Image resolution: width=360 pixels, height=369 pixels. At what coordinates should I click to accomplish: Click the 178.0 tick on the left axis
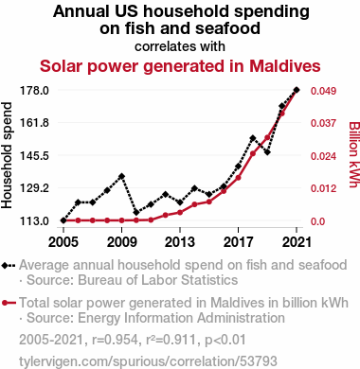(34, 91)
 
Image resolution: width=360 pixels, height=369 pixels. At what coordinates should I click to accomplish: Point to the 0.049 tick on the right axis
(323, 91)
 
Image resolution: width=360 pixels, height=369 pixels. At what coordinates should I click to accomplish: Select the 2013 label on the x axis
(180, 242)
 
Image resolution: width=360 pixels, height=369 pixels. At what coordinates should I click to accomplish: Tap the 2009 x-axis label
(122, 242)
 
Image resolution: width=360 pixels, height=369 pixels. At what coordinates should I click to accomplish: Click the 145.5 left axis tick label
(34, 156)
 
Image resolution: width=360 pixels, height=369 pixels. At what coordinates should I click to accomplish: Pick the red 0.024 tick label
(323, 156)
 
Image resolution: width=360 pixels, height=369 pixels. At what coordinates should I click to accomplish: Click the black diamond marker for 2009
(122, 176)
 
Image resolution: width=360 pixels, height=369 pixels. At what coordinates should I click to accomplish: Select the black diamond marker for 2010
(136, 213)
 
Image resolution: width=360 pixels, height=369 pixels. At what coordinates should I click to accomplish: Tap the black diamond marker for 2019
(267, 152)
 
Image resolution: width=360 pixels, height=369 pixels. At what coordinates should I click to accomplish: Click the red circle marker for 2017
(239, 178)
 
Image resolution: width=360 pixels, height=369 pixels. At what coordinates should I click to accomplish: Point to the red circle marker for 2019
(267, 137)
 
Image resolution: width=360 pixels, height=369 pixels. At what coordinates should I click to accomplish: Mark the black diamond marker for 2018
(253, 138)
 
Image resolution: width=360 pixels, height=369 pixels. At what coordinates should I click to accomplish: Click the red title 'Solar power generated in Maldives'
(180, 66)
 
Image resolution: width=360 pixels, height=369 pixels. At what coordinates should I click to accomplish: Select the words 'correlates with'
(180, 46)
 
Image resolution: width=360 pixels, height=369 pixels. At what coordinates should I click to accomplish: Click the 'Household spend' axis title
(7, 155)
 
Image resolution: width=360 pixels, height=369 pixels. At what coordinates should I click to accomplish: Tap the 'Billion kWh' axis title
(354, 154)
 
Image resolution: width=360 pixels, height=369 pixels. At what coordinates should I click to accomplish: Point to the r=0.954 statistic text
(115, 340)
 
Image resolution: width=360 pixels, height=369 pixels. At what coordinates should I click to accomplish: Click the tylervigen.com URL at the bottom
(148, 361)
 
